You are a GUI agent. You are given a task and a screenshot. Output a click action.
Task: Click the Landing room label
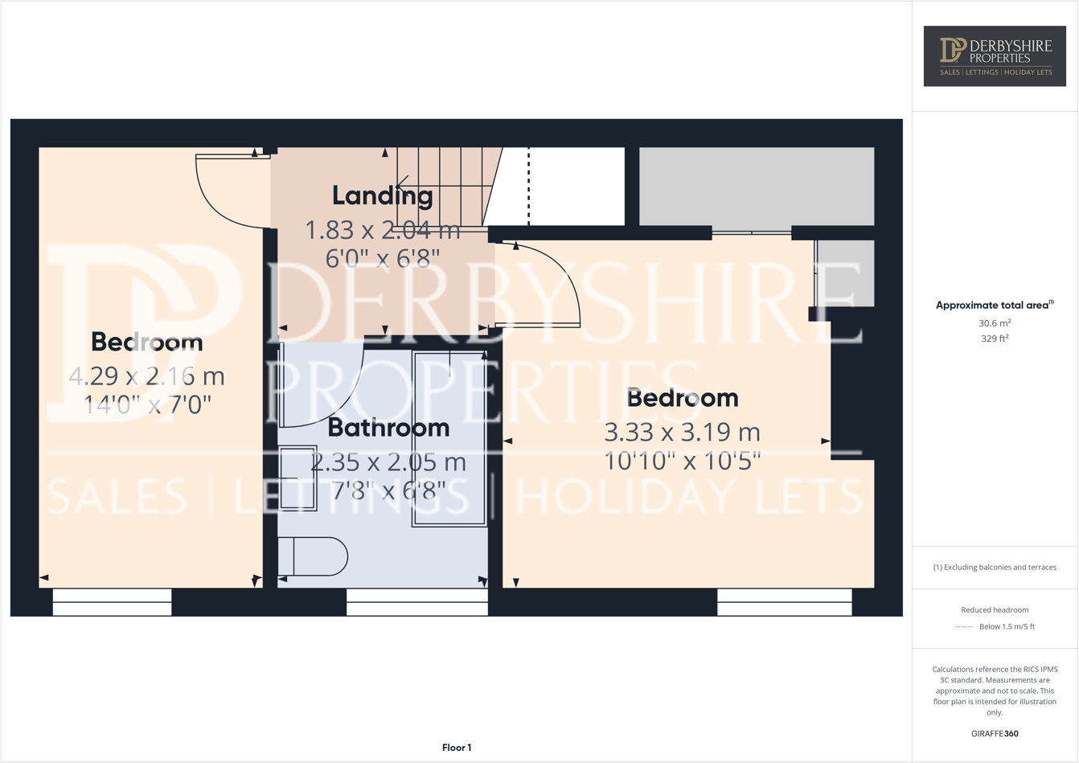382,195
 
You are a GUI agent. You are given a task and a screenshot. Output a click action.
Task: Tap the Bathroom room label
388,428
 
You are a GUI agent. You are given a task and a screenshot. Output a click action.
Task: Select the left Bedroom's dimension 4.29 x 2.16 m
146,376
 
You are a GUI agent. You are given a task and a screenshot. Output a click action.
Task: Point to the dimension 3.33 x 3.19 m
682,433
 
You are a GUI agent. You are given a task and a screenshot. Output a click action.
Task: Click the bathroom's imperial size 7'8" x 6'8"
388,489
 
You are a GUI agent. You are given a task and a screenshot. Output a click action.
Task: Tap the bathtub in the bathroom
449,438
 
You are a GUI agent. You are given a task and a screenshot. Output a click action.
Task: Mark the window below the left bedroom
112,602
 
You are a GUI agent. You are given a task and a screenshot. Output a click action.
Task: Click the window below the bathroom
416,602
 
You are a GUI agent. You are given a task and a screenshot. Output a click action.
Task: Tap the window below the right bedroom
784,602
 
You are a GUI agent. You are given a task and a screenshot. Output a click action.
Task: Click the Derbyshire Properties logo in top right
995,55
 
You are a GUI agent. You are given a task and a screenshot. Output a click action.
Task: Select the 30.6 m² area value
995,323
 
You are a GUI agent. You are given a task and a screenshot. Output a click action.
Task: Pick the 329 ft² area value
995,338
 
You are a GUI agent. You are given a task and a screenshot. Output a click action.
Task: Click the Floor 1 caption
457,748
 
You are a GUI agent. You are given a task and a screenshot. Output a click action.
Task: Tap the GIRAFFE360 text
995,733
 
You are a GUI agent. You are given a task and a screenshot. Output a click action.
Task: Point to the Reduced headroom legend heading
995,609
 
